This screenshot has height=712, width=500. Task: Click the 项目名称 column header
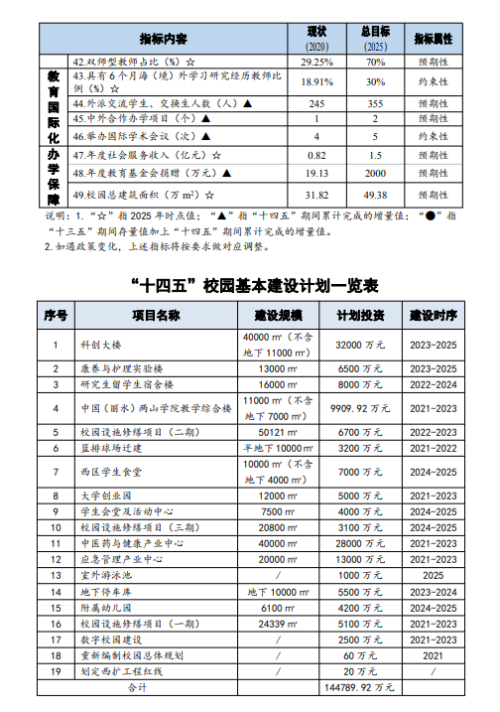pos(157,316)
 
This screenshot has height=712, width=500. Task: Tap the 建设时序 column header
pos(434,316)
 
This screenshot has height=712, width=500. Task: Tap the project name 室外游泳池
pos(107,575)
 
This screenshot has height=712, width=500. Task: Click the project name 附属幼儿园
pos(107,607)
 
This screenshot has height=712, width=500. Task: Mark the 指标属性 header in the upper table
pos(433,39)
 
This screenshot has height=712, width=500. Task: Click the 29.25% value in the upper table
pos(317,61)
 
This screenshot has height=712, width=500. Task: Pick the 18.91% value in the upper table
pos(317,81)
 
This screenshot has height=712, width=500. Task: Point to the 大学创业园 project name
pos(107,496)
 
